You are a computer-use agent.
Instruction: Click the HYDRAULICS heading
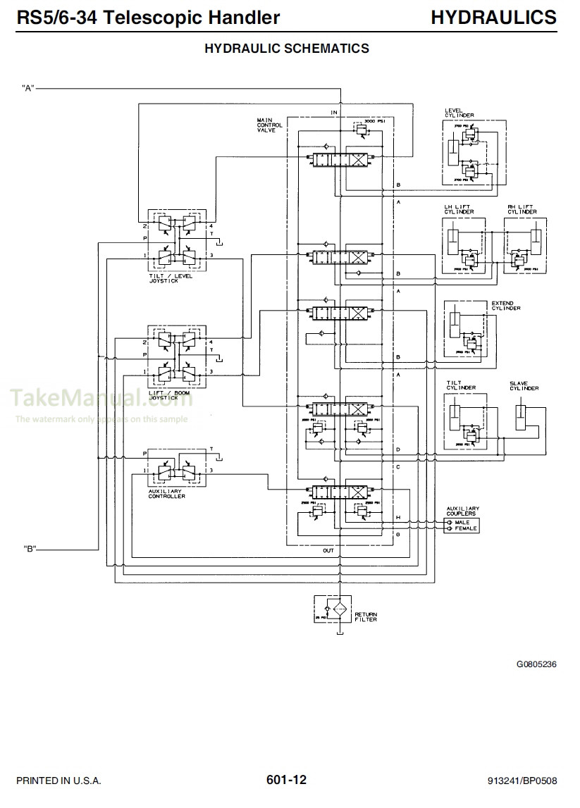pyautogui.click(x=493, y=17)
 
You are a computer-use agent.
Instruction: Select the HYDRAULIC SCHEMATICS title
pyautogui.click(x=286, y=49)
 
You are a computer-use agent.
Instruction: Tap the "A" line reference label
pyautogui.click(x=29, y=88)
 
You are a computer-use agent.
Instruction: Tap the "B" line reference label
pyautogui.click(x=29, y=549)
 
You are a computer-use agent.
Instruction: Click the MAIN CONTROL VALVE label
pyautogui.click(x=269, y=125)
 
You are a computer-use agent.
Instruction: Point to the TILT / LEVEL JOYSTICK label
pyautogui.click(x=172, y=278)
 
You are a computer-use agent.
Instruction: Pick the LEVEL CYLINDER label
pyautogui.click(x=459, y=113)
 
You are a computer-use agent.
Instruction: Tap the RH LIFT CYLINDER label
pyautogui.click(x=522, y=209)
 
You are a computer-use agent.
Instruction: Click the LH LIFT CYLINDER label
pyautogui.click(x=458, y=209)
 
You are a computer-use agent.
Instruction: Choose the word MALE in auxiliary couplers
pyautogui.click(x=462, y=522)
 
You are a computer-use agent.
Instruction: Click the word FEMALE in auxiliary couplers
pyautogui.click(x=465, y=528)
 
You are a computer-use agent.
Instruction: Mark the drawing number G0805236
pyautogui.click(x=536, y=664)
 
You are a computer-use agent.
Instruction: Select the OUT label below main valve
pyautogui.click(x=328, y=550)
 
